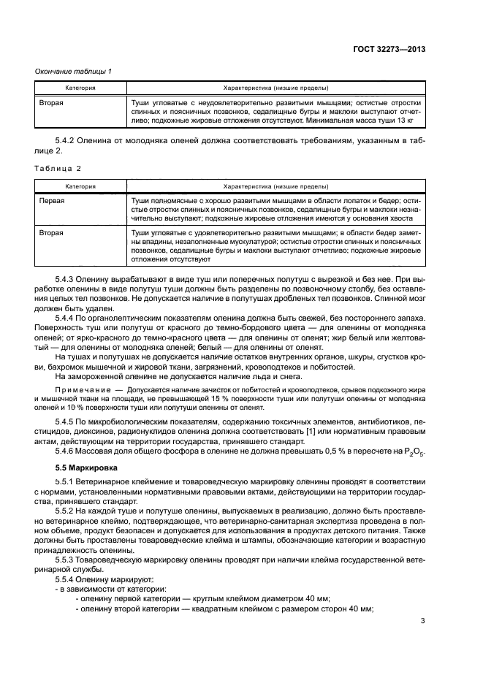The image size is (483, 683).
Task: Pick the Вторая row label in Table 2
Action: point(51,233)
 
